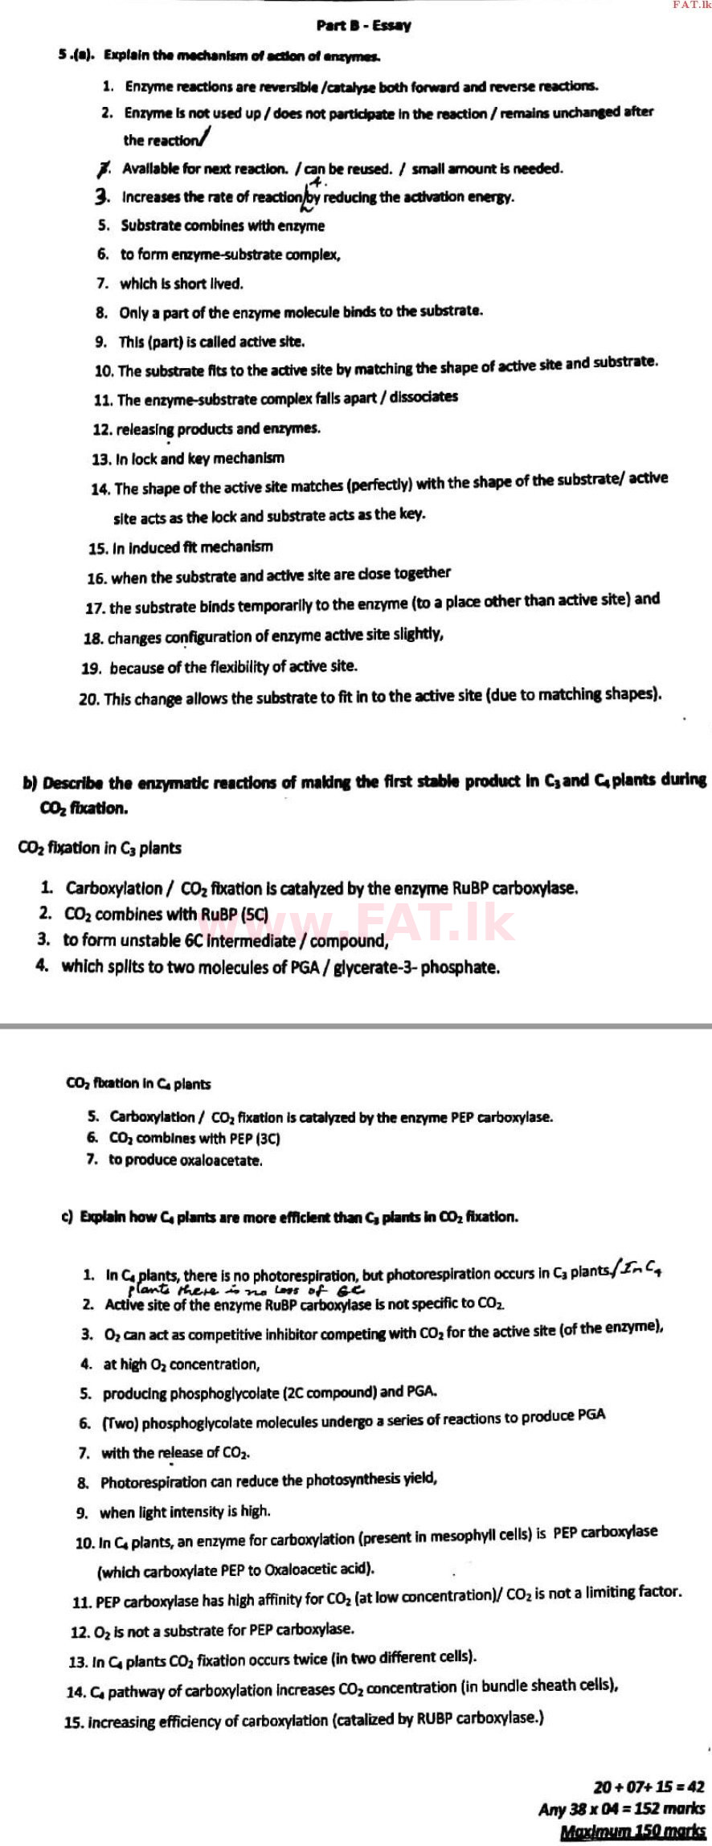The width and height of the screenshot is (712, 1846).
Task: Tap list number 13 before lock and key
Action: click(x=101, y=460)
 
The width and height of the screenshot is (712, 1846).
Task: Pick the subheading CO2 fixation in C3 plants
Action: click(x=100, y=848)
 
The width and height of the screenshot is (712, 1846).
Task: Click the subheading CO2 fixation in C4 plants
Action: click(x=138, y=1083)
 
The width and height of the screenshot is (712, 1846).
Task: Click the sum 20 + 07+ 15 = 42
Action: click(x=649, y=1787)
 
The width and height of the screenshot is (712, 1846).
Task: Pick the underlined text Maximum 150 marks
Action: click(x=633, y=1832)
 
